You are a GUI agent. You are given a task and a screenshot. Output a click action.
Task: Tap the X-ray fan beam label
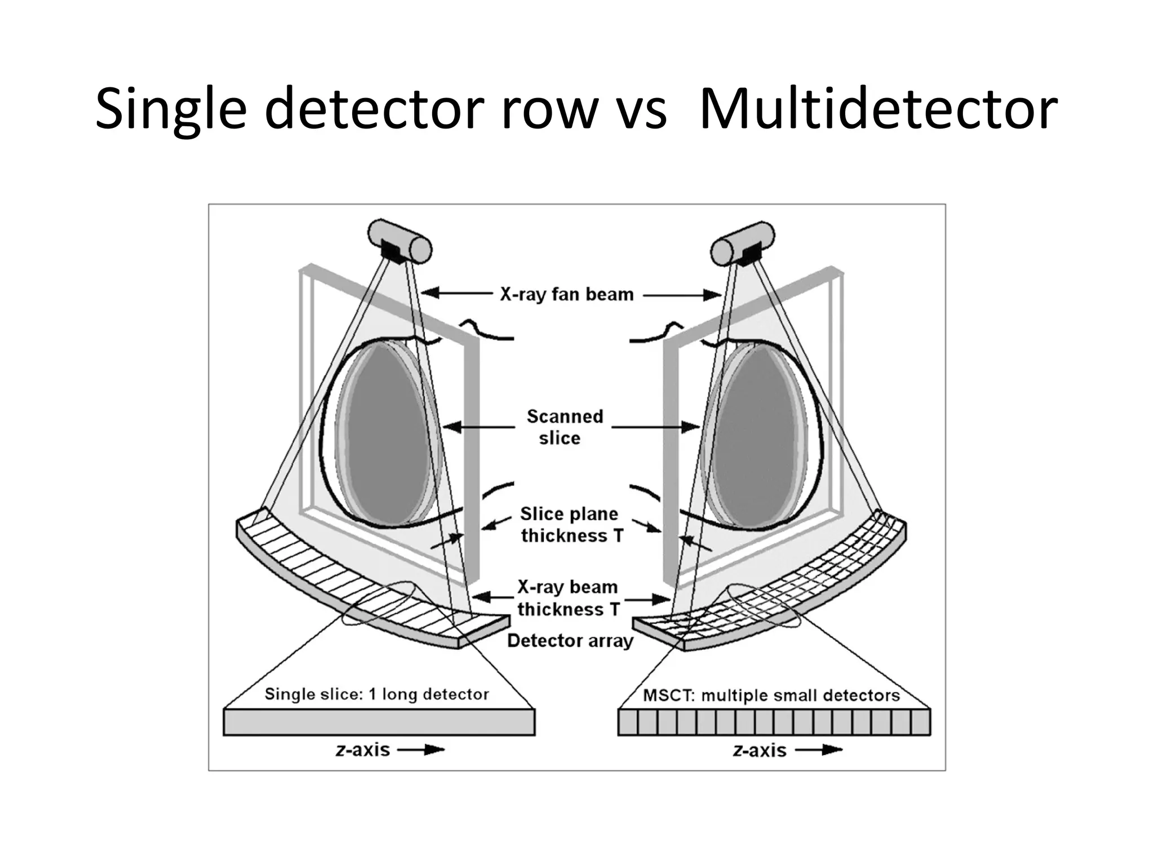(x=567, y=294)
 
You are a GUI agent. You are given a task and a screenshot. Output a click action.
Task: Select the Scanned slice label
(x=563, y=427)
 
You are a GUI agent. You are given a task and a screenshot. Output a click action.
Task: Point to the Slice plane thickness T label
(x=571, y=525)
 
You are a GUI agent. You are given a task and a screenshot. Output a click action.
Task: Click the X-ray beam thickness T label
(x=567, y=598)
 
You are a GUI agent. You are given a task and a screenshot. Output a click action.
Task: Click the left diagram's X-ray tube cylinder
(x=400, y=241)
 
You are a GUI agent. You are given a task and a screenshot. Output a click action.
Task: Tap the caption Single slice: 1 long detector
(x=376, y=694)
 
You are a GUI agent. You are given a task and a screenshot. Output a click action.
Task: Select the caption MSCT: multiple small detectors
(x=771, y=695)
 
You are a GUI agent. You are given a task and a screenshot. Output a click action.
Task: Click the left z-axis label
(x=363, y=749)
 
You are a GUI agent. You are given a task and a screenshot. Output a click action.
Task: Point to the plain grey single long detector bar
(x=379, y=722)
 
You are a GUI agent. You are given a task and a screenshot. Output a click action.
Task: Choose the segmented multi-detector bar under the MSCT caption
(x=774, y=722)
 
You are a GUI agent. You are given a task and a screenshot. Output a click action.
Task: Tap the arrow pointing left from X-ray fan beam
(x=456, y=292)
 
